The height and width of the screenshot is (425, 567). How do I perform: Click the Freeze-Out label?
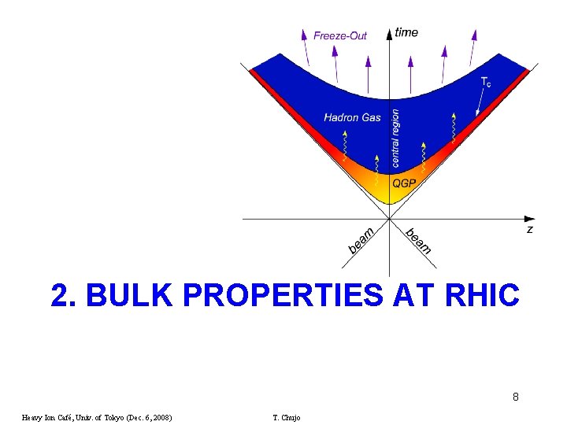[x=340, y=35]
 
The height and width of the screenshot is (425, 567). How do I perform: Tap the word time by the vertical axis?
[x=406, y=32]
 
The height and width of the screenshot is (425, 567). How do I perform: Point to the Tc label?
[x=486, y=81]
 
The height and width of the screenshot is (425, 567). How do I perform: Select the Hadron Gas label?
[x=352, y=118]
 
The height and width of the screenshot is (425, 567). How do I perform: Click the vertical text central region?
[x=395, y=138]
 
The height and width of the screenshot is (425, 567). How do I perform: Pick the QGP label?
[x=404, y=183]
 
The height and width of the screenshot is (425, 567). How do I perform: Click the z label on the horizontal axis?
[x=529, y=229]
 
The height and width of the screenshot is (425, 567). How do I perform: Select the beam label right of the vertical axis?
[x=418, y=240]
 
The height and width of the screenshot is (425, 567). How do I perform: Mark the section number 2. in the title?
[x=64, y=295]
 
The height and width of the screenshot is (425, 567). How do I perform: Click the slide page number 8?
[x=515, y=397]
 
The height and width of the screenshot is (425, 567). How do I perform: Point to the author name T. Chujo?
[x=286, y=417]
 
